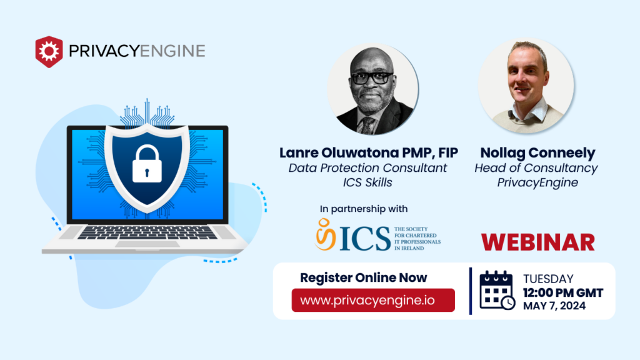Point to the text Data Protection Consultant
coord(367,168)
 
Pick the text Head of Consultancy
coord(536,168)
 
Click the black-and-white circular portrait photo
coord(373,91)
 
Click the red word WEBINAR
coord(537,241)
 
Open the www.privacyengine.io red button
coord(373,300)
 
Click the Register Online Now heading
coord(364,277)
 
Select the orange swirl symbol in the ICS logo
coord(324,234)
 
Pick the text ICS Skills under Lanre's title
coord(367,183)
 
